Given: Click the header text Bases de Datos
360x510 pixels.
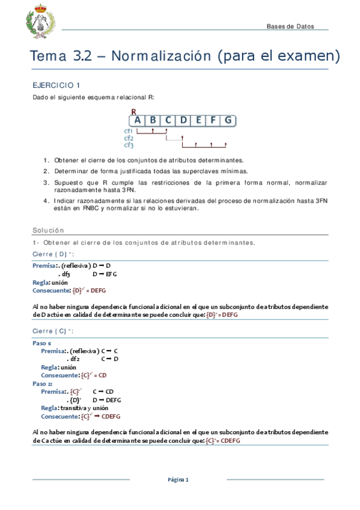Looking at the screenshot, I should click(290, 26).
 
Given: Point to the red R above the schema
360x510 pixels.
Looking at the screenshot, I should click(133, 111).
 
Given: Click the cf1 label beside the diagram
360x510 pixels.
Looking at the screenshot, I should click(128, 131).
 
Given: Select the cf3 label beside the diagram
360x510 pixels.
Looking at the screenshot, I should click(128, 145).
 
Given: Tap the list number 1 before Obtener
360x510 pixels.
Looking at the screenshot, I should click(46, 160).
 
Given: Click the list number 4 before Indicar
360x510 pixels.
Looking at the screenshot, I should click(46, 200).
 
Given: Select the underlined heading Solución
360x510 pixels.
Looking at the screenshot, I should click(47, 230).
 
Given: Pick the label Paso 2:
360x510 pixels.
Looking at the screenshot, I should click(42, 382).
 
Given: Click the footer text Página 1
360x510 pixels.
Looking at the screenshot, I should click(178, 479).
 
